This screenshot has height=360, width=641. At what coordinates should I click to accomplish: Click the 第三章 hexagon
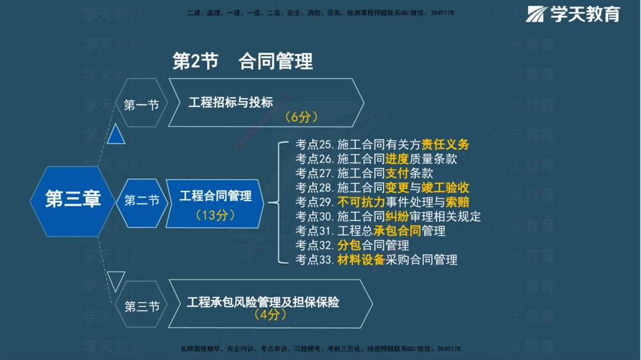[72, 200]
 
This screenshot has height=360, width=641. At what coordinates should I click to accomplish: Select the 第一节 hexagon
[141, 104]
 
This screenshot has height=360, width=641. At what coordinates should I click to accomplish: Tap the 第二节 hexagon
[141, 200]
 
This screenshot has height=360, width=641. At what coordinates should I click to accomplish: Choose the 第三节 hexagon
[141, 306]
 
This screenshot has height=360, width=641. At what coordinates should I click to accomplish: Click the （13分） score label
[215, 215]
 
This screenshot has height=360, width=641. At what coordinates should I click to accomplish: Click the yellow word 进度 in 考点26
[397, 159]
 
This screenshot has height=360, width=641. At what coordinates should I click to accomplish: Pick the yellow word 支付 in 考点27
[397, 173]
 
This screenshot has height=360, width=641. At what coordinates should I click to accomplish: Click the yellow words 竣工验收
[445, 188]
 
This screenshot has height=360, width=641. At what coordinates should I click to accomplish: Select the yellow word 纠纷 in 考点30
[397, 217]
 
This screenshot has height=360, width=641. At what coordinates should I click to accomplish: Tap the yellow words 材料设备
[361, 259]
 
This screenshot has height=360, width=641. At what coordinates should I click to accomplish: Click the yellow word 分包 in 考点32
[349, 245]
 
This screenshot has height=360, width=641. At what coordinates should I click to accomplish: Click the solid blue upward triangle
[116, 135]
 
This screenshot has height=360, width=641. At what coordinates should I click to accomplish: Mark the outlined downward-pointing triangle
[116, 279]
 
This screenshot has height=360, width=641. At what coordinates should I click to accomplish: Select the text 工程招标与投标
[231, 102]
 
